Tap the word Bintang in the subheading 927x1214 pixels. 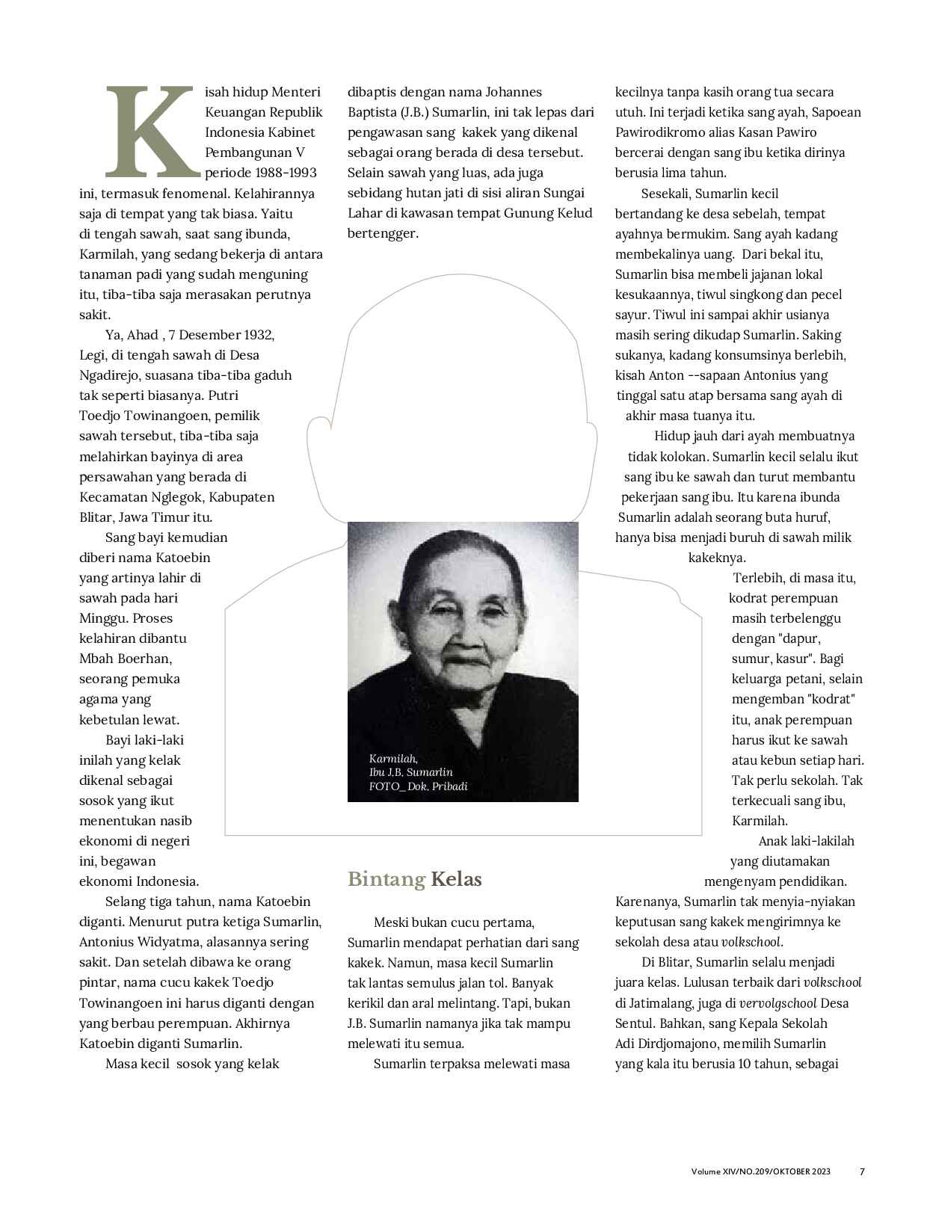coord(386,879)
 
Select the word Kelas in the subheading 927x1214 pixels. coord(456,879)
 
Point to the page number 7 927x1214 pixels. coord(862,1171)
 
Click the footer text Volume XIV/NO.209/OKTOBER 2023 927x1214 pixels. coord(760,1171)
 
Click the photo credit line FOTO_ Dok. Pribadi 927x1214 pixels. coord(418,786)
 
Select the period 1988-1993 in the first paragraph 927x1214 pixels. coord(283,173)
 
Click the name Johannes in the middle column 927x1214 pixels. coord(514,92)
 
